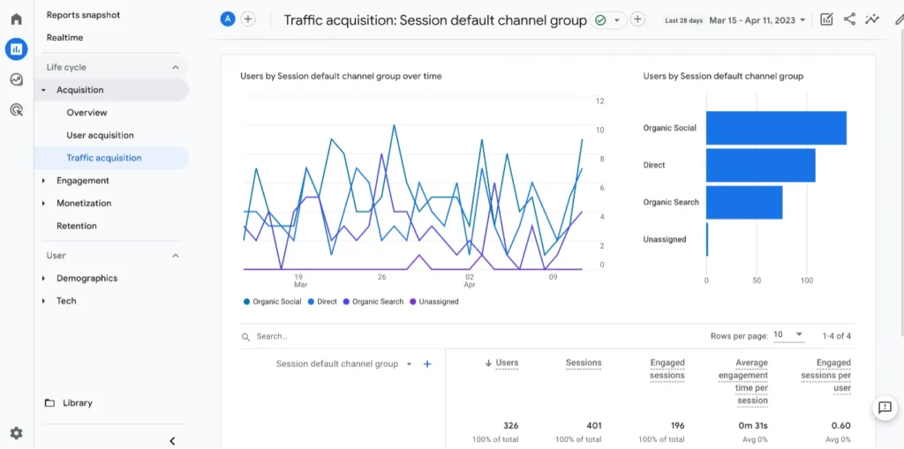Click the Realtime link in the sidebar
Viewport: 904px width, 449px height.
(x=64, y=38)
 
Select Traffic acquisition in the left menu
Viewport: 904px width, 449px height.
(x=103, y=158)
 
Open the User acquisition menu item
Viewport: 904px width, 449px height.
(x=100, y=135)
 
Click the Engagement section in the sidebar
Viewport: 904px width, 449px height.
(x=82, y=181)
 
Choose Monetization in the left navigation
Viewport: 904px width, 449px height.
(x=84, y=203)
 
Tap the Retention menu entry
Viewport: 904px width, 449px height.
(x=77, y=226)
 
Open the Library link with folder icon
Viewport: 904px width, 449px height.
(x=77, y=403)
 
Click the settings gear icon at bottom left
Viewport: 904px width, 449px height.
(x=16, y=433)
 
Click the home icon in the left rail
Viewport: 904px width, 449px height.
(x=16, y=19)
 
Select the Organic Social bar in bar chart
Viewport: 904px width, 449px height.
(x=776, y=128)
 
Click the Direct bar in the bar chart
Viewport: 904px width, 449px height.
(x=760, y=165)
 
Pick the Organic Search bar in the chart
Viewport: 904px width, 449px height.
(x=744, y=202)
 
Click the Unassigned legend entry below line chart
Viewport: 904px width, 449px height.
(x=438, y=302)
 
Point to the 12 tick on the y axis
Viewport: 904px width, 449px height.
(x=599, y=101)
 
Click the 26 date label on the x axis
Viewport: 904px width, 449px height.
(x=381, y=276)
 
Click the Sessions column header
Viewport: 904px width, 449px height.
(x=583, y=363)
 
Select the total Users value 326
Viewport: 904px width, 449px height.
(x=509, y=426)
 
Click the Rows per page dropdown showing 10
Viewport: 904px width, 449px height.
(x=788, y=335)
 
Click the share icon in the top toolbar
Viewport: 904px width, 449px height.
(x=849, y=19)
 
